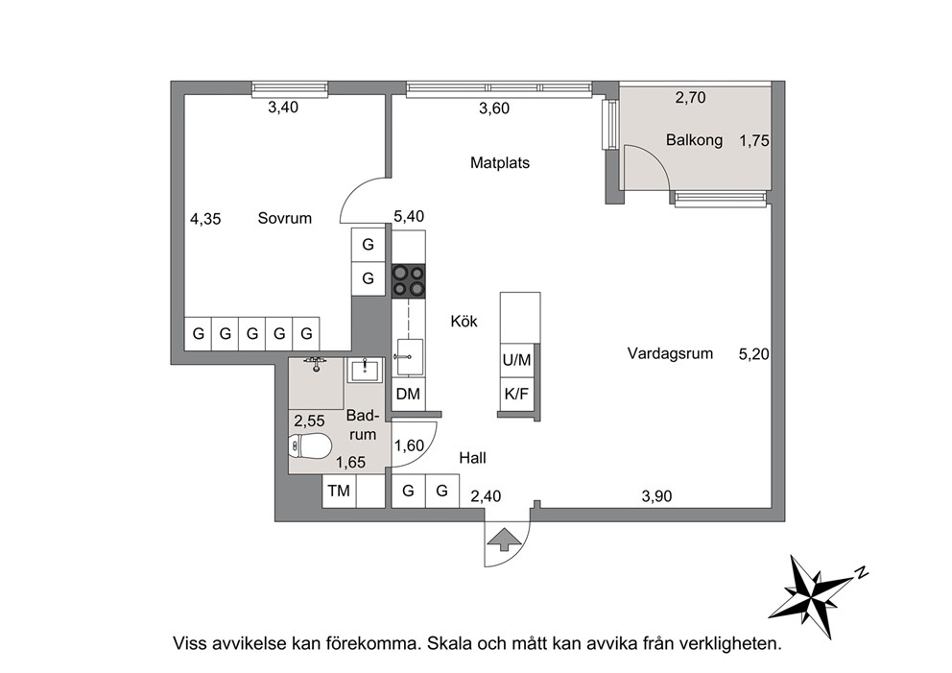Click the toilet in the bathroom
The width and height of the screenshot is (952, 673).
310,446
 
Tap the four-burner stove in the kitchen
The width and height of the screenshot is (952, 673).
408,281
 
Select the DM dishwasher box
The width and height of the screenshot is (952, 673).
408,395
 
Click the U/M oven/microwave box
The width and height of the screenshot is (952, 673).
516,360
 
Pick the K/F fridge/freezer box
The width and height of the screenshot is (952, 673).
516,395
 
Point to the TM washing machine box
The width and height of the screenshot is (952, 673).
339,491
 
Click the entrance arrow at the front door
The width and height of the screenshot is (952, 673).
502,540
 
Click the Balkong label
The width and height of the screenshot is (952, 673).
694,140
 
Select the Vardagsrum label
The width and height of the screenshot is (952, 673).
670,353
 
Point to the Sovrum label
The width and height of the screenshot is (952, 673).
285,218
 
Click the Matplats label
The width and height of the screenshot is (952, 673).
500,163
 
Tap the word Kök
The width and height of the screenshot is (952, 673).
464,321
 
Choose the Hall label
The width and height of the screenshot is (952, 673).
472,458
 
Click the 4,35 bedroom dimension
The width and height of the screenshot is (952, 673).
205,219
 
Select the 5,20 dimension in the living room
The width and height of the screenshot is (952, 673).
753,353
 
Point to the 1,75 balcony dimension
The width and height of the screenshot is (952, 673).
754,141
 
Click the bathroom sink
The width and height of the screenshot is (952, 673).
365,370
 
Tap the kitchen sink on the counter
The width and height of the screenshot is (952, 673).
408,358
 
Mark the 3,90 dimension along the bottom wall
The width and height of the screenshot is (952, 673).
657,497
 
